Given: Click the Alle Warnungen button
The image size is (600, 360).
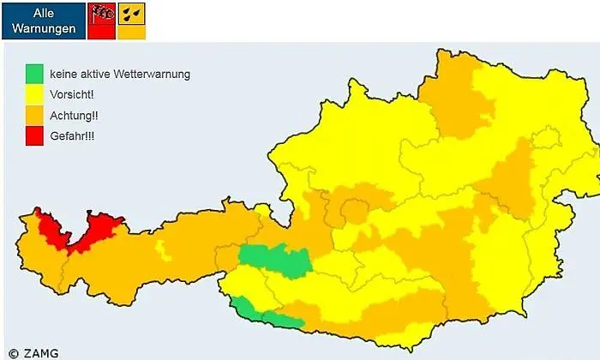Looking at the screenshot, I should point(43,20).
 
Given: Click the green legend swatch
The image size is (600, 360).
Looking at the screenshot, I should point(33,74).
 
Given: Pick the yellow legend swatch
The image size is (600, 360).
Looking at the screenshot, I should point(33,94).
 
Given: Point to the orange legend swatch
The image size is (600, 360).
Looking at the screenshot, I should point(33,115).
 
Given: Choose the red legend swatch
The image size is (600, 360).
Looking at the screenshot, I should point(33,135).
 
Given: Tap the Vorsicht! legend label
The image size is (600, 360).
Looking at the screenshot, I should point(71,94).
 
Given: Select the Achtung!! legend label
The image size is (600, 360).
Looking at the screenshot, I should point(74,115).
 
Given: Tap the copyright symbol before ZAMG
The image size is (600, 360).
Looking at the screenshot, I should point(13,351).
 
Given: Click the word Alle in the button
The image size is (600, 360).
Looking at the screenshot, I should point(43,13).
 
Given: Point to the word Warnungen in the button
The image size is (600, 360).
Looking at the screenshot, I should point(43,27).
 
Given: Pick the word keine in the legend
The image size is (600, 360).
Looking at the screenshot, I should point(63,75).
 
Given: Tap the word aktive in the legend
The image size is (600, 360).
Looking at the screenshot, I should point(99,75).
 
